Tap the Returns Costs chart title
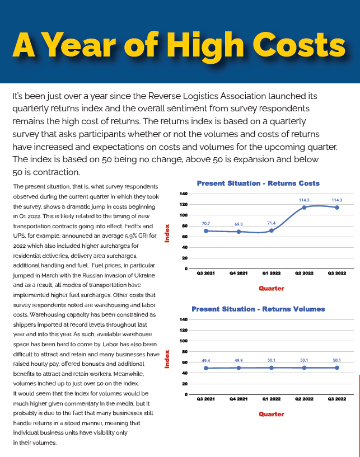258,183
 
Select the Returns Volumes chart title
258,309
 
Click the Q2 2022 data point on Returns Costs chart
304,208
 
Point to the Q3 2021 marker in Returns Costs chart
206,231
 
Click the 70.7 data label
206,224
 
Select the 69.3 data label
239,224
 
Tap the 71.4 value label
272,223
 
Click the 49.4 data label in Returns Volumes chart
206,361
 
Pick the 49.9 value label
239,361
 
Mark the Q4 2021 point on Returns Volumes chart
239,368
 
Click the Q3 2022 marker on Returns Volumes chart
337,368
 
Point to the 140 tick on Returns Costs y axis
184,194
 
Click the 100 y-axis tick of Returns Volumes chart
184,341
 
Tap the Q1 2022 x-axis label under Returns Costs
272,273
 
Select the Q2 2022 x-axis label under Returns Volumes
304,399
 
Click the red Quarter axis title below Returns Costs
272,289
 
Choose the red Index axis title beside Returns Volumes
167,359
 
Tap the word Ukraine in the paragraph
144,275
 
